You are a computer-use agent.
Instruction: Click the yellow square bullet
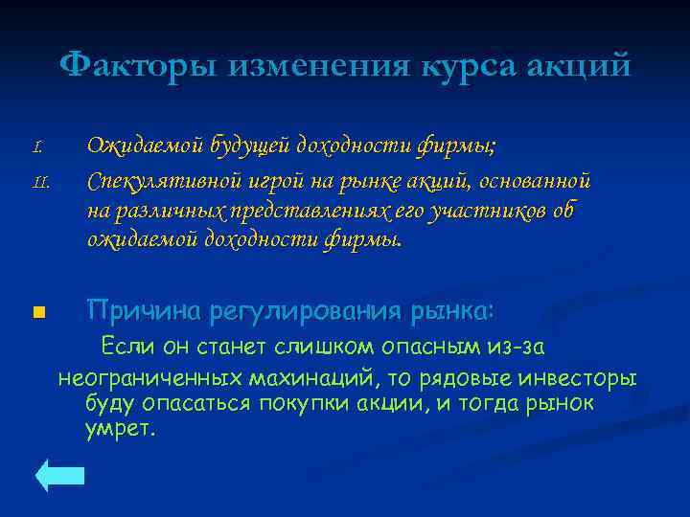(38, 311)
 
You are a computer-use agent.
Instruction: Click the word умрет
(118, 428)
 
